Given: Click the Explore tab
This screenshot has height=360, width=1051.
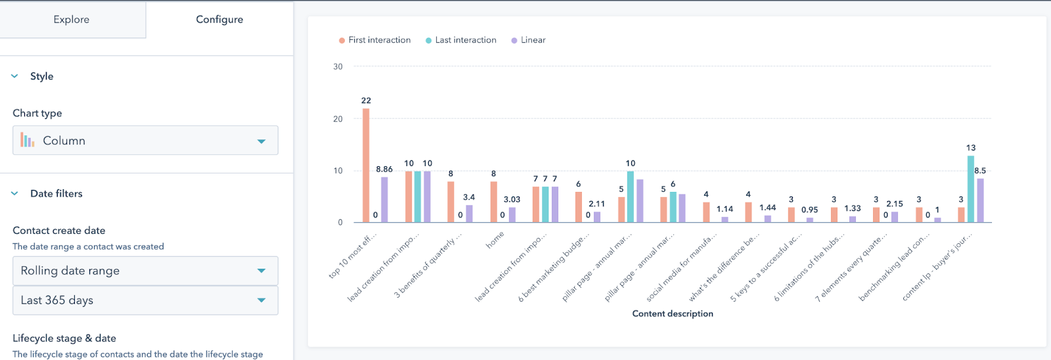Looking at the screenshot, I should click(72, 20).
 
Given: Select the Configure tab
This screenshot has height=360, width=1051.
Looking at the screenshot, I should click(219, 20).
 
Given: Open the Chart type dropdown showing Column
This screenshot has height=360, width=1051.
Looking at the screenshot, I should click(145, 141).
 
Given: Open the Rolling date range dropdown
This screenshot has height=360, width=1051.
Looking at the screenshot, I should click(145, 271).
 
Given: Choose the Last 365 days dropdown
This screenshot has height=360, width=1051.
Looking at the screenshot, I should click(145, 300).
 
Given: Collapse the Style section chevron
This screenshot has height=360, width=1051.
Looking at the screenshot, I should click(15, 76).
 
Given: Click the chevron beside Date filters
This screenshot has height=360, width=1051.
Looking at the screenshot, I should click(15, 193).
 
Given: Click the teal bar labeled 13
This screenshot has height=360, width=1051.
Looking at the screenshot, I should click(971, 189).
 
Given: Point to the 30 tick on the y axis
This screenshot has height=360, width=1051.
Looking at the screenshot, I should click(338, 66).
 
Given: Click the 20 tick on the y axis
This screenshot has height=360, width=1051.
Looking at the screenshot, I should click(338, 119).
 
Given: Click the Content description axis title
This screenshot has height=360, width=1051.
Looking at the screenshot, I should click(673, 313).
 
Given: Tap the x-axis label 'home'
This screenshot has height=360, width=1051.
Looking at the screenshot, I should click(495, 240).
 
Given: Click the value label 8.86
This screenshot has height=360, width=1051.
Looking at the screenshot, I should click(384, 169).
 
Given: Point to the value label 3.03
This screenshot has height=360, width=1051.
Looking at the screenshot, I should click(512, 200).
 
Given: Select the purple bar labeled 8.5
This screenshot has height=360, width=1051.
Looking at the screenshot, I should click(980, 200).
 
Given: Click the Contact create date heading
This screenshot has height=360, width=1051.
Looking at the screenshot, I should click(59, 231).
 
